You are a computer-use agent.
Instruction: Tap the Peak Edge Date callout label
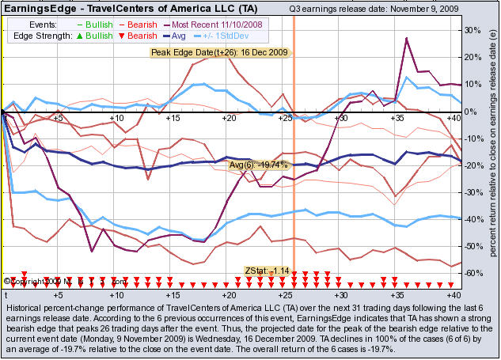(x=221, y=52)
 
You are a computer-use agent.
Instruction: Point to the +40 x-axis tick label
(x=453, y=294)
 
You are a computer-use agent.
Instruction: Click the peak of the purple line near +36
(x=406, y=37)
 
